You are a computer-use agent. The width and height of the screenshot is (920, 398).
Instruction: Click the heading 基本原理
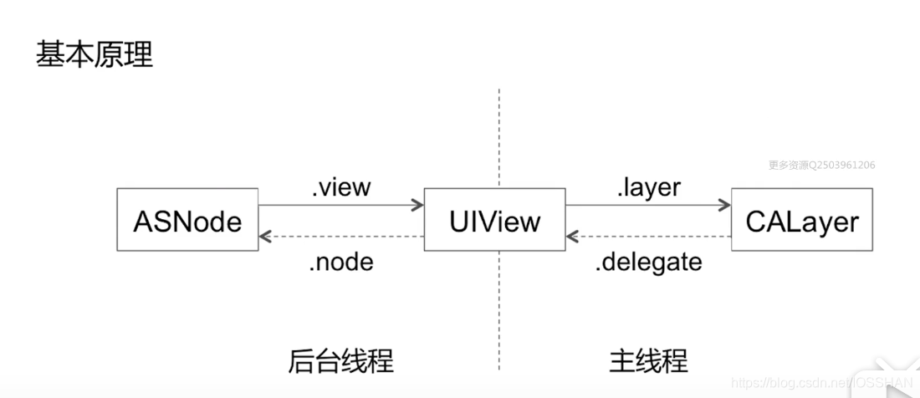[95, 55]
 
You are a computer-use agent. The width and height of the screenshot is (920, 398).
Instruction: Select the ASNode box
[187, 221]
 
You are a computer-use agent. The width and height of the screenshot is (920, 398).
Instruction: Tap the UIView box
[494, 221]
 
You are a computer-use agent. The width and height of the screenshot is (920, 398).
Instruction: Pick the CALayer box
[801, 221]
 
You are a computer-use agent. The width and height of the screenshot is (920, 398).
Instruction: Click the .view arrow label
[340, 188]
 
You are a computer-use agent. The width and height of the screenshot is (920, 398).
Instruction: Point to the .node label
[340, 262]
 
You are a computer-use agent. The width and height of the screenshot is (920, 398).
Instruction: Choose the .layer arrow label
[648, 188]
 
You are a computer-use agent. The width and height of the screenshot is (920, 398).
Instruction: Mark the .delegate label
[648, 262]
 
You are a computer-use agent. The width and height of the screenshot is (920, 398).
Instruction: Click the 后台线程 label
[340, 360]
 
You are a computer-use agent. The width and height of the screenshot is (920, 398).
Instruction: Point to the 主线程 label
[648, 360]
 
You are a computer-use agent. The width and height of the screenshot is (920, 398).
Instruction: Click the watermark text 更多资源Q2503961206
[821, 165]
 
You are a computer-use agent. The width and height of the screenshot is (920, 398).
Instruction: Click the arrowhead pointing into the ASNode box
[265, 237]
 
